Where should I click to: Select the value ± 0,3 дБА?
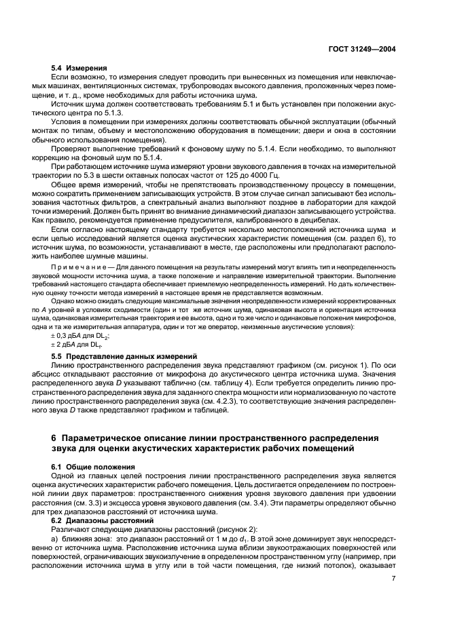66,336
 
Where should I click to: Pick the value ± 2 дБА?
64,345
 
